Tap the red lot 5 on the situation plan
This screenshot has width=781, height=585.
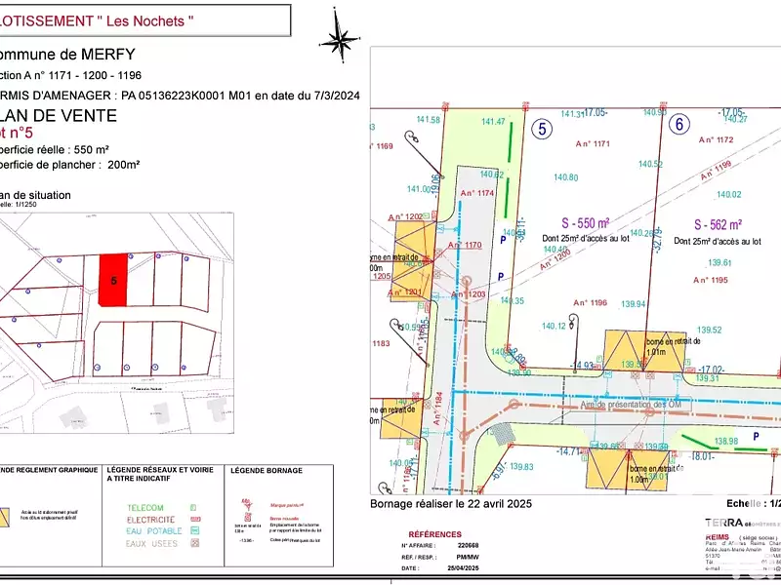pyautogui.click(x=115, y=281)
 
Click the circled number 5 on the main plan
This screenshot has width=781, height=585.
pyautogui.click(x=542, y=127)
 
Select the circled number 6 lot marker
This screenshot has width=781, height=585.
pyautogui.click(x=678, y=124)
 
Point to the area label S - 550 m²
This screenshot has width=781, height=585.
pyautogui.click(x=579, y=222)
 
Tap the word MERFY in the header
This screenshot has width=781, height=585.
pyautogui.click(x=103, y=55)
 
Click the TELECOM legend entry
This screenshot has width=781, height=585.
pyautogui.click(x=145, y=508)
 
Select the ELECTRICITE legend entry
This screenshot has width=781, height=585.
pyautogui.click(x=151, y=520)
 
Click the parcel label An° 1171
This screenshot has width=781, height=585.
pyautogui.click(x=592, y=143)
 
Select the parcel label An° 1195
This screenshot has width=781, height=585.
pyautogui.click(x=711, y=281)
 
